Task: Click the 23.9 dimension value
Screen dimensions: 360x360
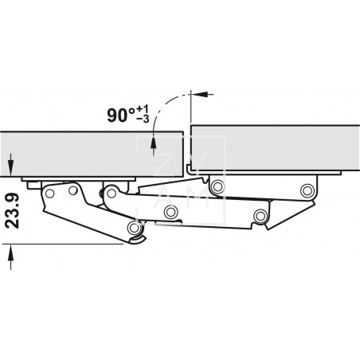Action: [12, 211]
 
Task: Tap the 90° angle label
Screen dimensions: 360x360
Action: [121, 115]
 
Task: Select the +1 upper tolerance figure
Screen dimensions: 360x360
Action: [143, 109]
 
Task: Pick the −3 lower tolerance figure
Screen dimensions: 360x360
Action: [143, 119]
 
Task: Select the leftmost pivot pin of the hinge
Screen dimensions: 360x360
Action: [49, 194]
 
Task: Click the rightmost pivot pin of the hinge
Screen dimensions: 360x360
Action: [307, 190]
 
